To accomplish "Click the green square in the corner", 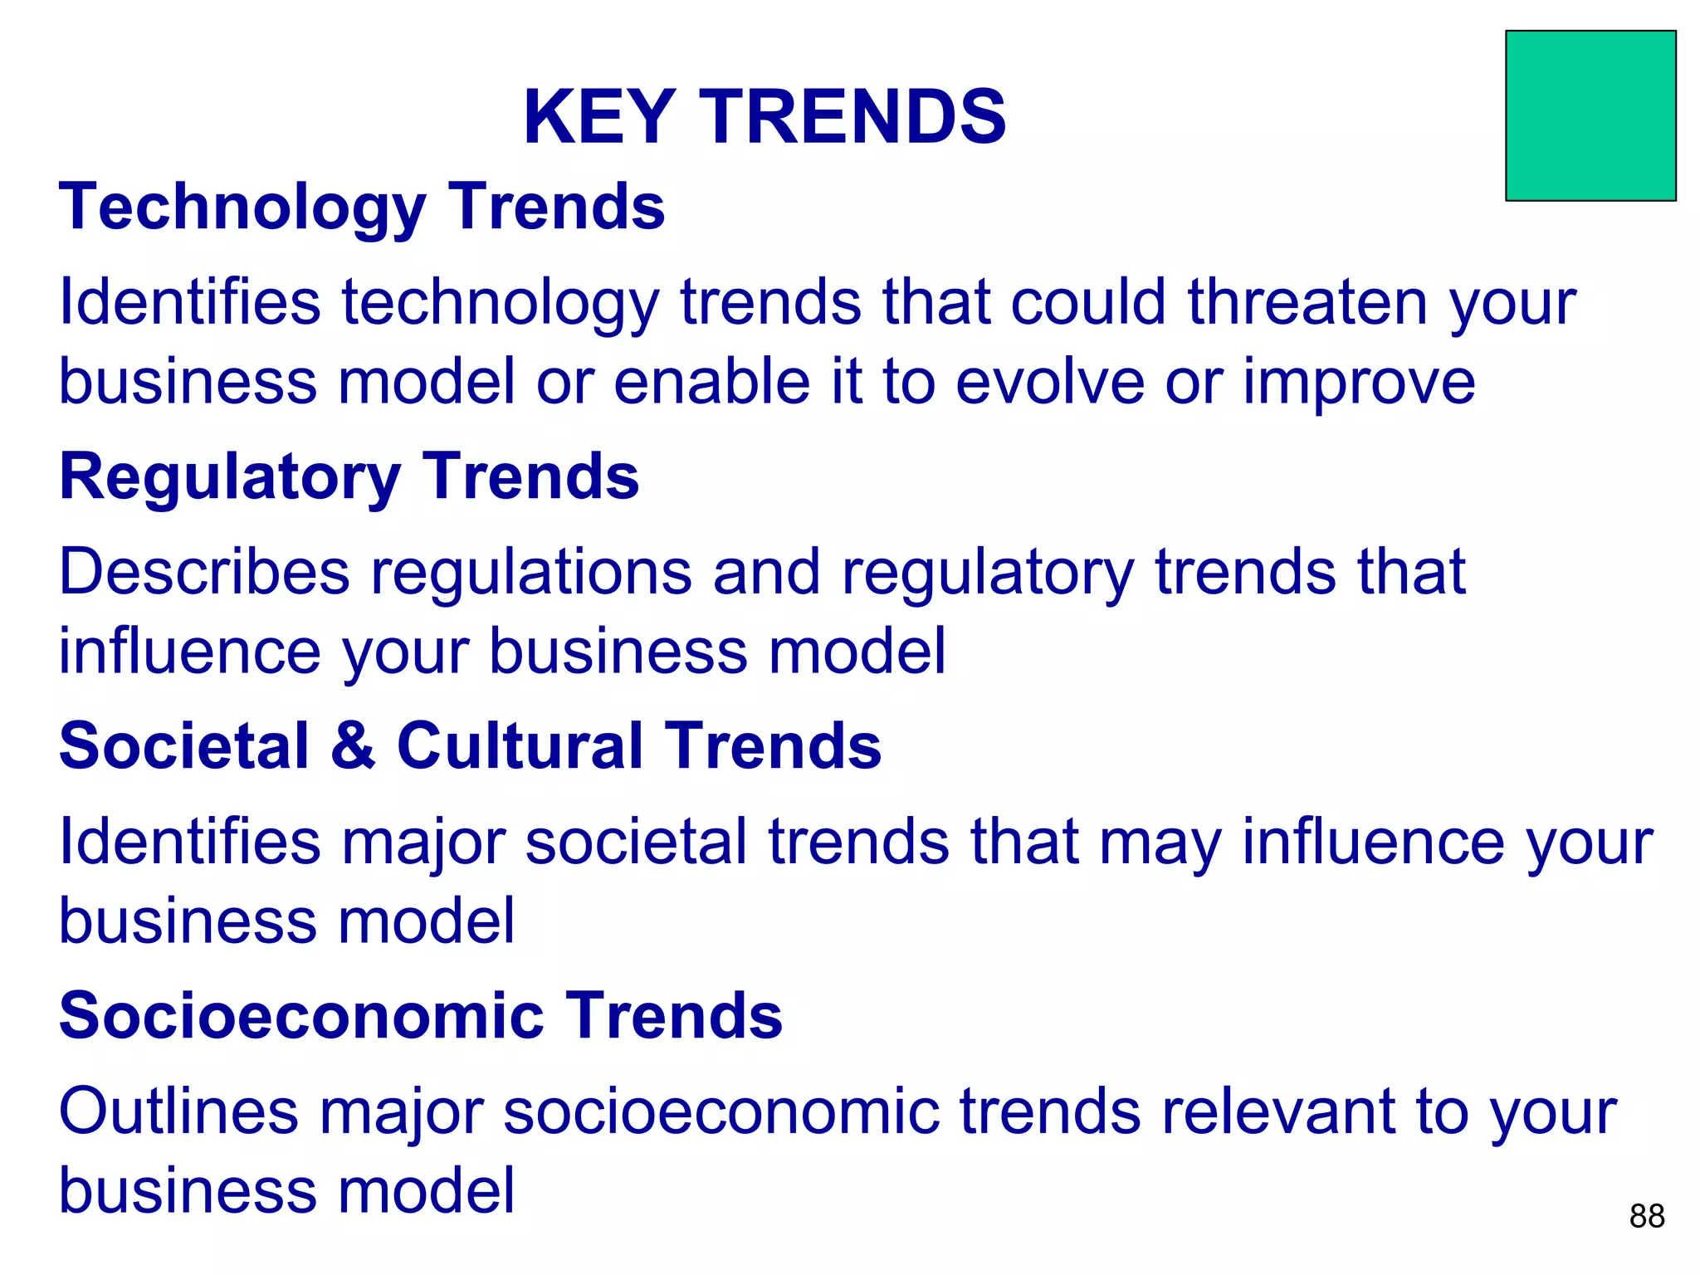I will point(1590,115).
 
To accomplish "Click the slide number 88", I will point(1647,1216).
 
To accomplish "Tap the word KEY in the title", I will point(598,117).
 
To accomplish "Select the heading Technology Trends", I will point(362,207).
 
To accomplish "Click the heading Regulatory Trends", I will point(349,476).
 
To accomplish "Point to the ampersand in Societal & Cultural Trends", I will point(353,745).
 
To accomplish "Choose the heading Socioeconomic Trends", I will point(421,1015).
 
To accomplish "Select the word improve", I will point(1358,383).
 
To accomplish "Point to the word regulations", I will point(530,573).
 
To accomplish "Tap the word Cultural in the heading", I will point(520,745).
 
